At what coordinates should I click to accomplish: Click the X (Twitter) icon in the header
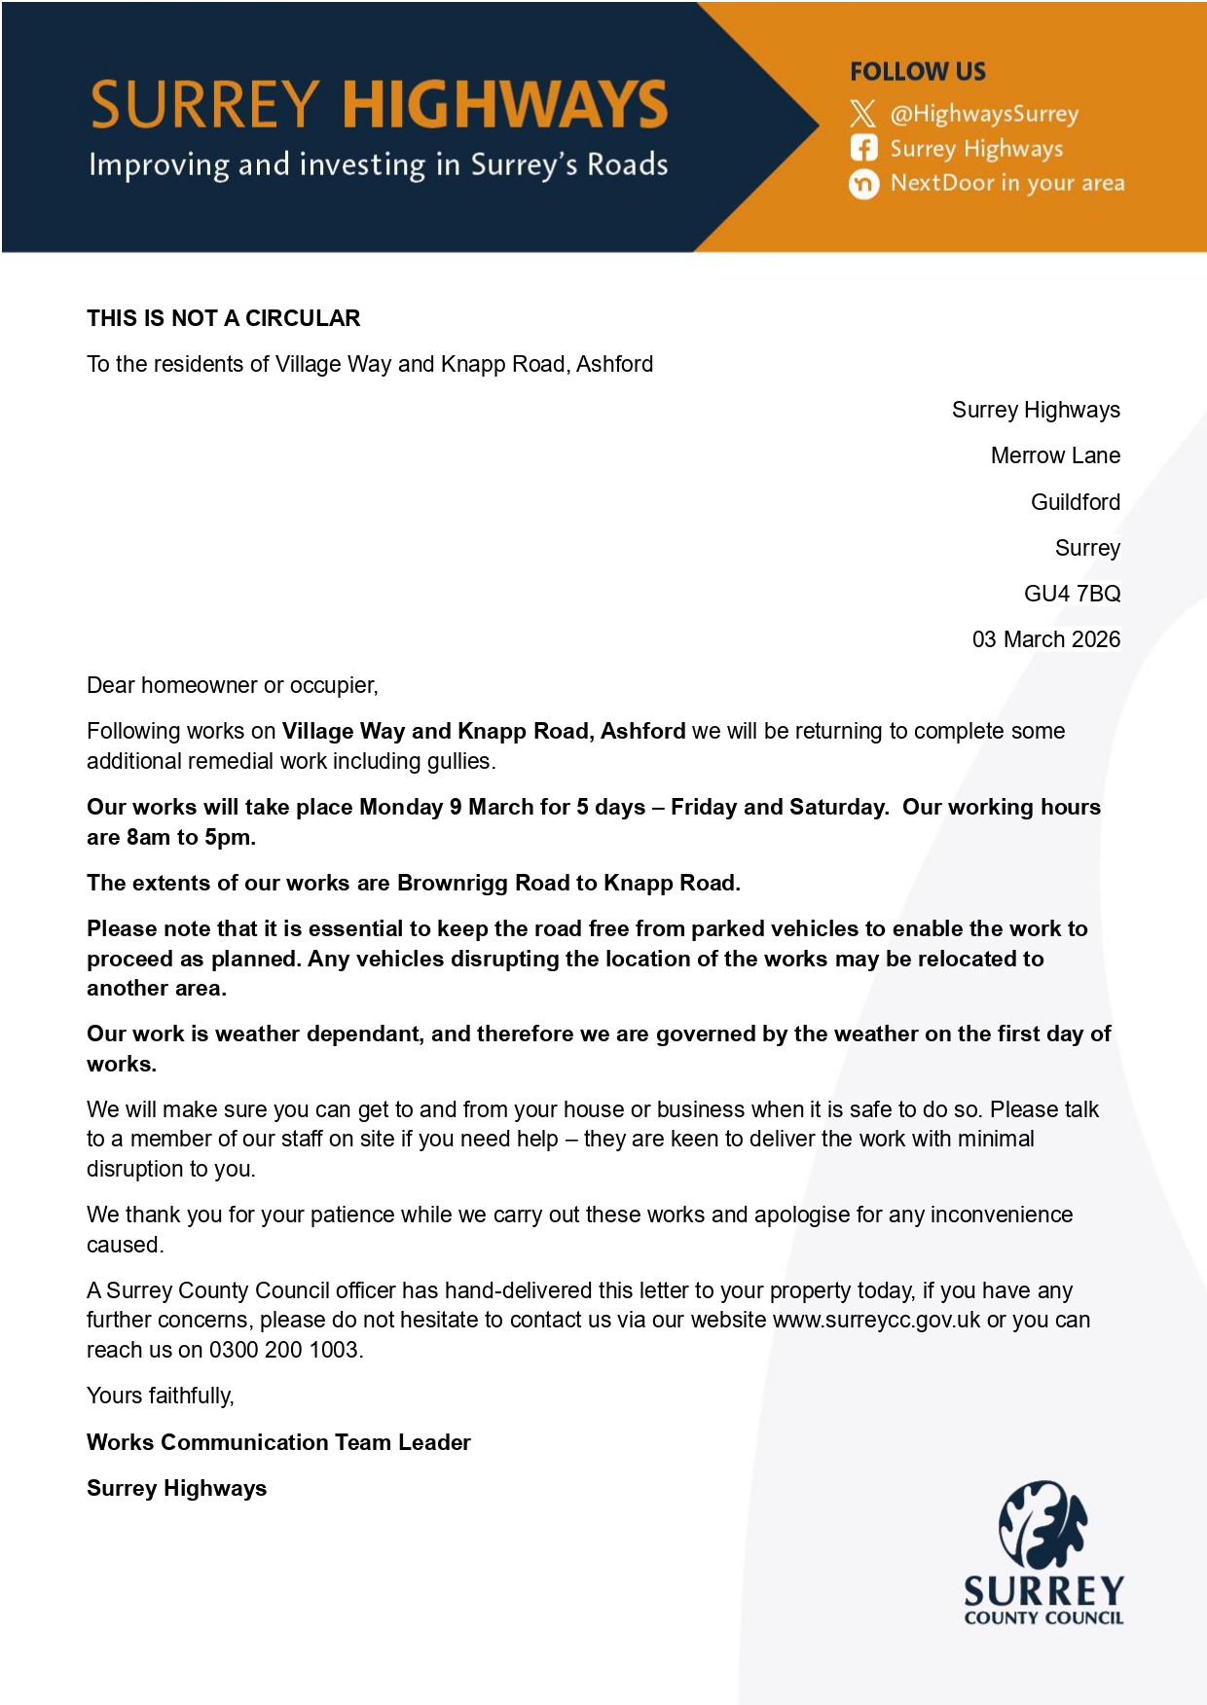tap(862, 114)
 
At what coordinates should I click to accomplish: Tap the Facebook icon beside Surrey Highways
tap(863, 148)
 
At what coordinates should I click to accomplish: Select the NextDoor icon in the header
tap(863, 183)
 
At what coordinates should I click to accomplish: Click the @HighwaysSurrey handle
tap(984, 114)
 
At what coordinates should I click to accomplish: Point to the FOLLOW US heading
tap(917, 72)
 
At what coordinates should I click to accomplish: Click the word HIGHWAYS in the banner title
tap(505, 105)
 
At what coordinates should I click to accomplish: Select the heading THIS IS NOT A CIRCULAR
tap(223, 318)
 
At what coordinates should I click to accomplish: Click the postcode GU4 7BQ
tap(1072, 594)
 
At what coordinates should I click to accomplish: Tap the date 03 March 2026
tap(1045, 639)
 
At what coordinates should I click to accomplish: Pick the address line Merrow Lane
tap(1055, 455)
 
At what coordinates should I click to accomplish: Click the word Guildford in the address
tap(1075, 502)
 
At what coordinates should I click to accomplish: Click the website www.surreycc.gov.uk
tap(876, 1320)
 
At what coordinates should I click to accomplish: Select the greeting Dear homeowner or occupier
tap(232, 685)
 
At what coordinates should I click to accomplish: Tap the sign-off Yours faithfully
tap(161, 1396)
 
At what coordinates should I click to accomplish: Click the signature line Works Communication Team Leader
tap(278, 1442)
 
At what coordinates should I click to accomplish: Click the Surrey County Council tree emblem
tap(1042, 1524)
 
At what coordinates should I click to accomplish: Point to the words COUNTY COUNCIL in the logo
tap(1043, 1618)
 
